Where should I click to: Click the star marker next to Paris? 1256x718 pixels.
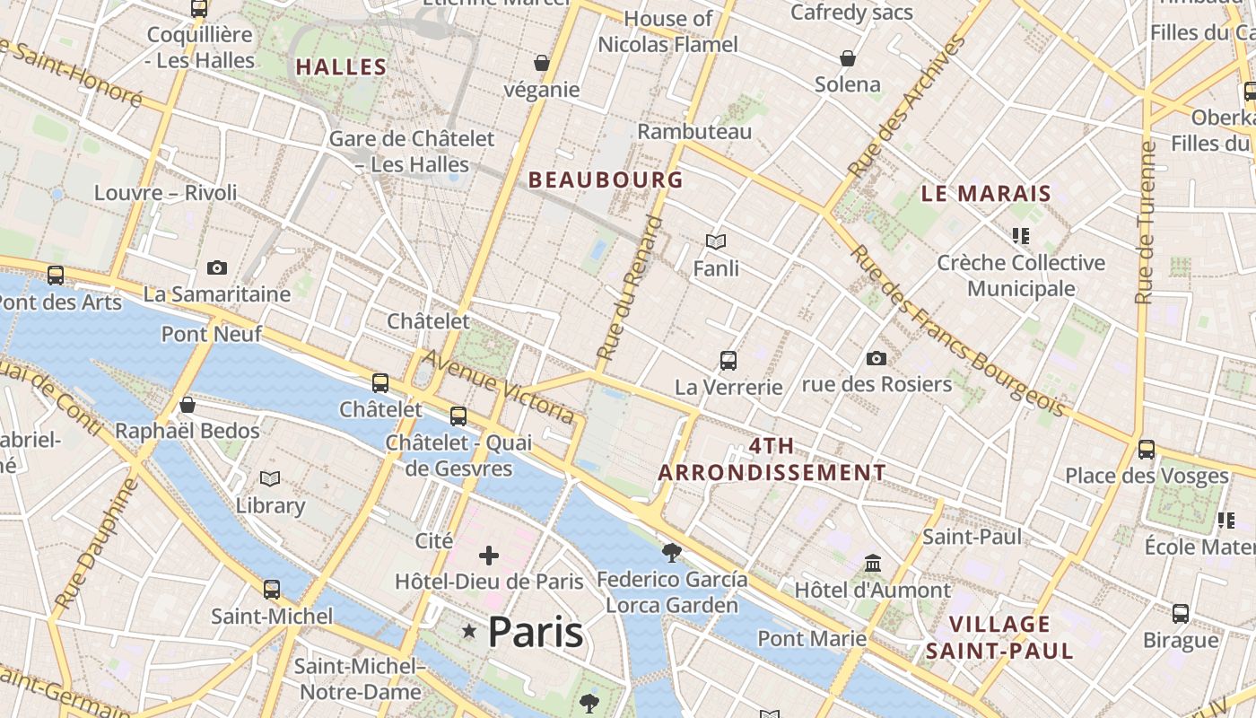pos(468,632)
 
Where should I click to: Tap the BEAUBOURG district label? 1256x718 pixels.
pos(606,179)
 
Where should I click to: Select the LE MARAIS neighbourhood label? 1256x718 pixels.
pos(986,193)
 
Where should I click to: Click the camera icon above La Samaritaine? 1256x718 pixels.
pos(216,267)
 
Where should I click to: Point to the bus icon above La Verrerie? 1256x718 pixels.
pos(728,361)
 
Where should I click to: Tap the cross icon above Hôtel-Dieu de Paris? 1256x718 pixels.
pos(488,556)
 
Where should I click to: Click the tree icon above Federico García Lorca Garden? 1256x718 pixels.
pos(671,552)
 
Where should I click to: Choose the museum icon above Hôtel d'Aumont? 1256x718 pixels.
pos(872,564)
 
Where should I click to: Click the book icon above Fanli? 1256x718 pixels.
pos(715,241)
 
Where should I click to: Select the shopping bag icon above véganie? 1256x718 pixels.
pos(541,63)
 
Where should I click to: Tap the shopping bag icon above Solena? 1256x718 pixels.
pos(848,58)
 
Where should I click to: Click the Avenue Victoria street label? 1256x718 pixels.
pos(498,387)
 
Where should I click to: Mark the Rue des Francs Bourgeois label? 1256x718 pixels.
pos(959,330)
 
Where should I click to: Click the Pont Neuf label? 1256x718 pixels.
pos(212,335)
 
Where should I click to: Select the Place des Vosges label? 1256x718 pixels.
pos(1147,476)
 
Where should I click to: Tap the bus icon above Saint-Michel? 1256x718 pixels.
pos(271,590)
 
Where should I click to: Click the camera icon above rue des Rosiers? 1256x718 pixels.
pos(877,358)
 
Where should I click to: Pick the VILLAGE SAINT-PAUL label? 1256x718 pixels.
pos(999,637)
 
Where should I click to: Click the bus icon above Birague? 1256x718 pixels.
pos(1181,614)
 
